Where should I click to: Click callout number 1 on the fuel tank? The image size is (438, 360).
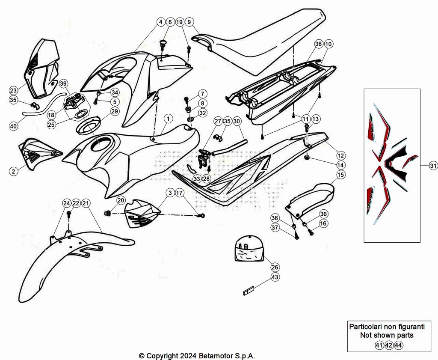pyautogui.click(x=168, y=119)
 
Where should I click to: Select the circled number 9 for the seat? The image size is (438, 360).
pyautogui.click(x=189, y=22)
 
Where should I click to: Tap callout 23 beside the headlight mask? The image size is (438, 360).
pyautogui.click(x=13, y=90)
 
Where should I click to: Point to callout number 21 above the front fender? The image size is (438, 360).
pyautogui.click(x=86, y=203)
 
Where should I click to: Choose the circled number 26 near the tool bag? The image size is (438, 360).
pyautogui.click(x=275, y=267)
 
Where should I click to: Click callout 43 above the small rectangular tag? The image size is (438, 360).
pyautogui.click(x=275, y=277)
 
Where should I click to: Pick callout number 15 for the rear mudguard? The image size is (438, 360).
pyautogui.click(x=340, y=175)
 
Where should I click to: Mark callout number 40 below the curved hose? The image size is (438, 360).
pyautogui.click(x=13, y=126)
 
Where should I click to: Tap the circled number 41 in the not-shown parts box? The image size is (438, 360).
pyautogui.click(x=379, y=345)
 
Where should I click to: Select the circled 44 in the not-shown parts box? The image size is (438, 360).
pyautogui.click(x=398, y=345)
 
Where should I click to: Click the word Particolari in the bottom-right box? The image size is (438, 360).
pyautogui.click(x=365, y=327)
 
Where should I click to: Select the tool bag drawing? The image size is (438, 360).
pyautogui.click(x=249, y=248)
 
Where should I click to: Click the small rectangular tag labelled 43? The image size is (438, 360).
pyautogui.click(x=248, y=290)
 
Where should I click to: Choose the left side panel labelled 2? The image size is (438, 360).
pyautogui.click(x=38, y=153)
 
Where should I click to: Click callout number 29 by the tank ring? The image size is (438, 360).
pyautogui.click(x=115, y=111)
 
